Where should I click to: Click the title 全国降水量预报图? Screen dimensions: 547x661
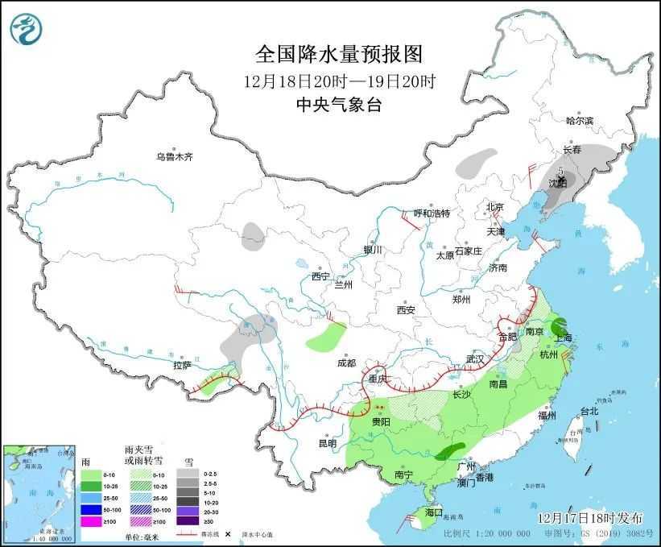(x=338, y=54)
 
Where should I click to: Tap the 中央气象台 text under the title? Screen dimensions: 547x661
(x=338, y=104)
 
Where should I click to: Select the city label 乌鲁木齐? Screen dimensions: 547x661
(x=175, y=156)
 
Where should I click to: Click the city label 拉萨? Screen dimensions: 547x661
(x=182, y=365)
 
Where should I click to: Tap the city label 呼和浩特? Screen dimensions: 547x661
(x=432, y=213)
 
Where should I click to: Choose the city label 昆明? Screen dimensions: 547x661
(x=327, y=443)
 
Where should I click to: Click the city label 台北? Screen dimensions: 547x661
(x=589, y=411)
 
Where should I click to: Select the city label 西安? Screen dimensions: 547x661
(x=405, y=310)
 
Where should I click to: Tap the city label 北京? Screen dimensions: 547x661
(x=494, y=207)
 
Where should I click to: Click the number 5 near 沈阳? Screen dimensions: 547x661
(x=560, y=171)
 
